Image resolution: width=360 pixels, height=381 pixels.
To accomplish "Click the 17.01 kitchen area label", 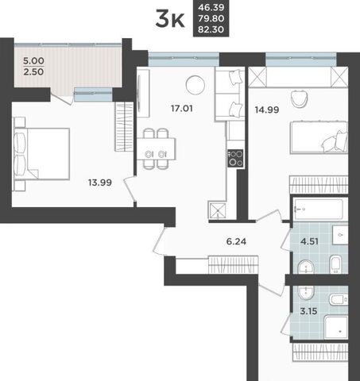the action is click(182, 108).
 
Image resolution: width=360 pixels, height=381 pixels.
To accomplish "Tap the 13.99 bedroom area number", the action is click(100, 183).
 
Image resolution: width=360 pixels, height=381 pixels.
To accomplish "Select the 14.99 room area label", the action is click(267, 110).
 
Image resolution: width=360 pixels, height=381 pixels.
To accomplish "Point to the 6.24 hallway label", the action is click(236, 241).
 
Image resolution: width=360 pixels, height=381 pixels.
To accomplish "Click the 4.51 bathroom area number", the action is click(309, 241).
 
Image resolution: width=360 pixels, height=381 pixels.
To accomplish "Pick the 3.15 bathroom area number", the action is click(308, 311).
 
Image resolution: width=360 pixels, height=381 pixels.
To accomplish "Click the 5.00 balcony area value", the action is click(33, 61).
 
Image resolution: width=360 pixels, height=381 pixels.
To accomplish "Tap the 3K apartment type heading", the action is click(170, 18).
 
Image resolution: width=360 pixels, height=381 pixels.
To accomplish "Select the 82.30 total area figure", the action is click(211, 29).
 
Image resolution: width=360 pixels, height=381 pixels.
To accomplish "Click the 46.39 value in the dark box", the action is click(211, 7).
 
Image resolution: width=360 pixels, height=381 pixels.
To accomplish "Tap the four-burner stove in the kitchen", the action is click(235, 158).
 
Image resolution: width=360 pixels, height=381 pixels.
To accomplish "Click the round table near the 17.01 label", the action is click(195, 85).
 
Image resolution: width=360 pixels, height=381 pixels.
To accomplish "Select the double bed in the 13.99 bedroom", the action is click(42, 154).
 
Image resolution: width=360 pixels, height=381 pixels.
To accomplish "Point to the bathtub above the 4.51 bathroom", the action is click(319, 209).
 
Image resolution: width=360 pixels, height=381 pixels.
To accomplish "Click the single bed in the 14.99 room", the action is click(319, 137).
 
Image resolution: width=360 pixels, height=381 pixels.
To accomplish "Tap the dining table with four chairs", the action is click(156, 148).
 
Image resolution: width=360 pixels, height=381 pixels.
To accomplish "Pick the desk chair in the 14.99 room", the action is click(300, 98).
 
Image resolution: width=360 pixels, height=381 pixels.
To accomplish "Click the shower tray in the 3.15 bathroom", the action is click(336, 327).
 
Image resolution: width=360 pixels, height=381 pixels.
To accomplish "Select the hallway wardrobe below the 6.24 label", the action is click(233, 264).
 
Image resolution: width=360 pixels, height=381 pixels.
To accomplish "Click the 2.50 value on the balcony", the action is click(33, 71).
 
